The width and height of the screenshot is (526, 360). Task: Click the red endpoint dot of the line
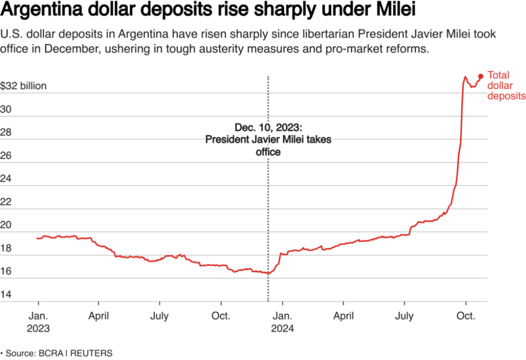(x=480, y=76)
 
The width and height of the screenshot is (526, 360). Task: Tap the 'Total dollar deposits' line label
(x=506, y=86)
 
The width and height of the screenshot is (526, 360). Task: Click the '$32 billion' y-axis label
(x=23, y=86)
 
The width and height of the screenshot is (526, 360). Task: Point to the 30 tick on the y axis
(x=6, y=109)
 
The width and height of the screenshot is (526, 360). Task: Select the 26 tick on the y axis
(x=6, y=156)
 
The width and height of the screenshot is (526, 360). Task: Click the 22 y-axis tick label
(x=6, y=202)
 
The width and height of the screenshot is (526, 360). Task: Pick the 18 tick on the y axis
(x=6, y=248)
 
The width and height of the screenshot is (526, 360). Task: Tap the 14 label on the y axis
(x=6, y=294)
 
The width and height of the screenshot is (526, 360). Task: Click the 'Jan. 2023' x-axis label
(x=37, y=322)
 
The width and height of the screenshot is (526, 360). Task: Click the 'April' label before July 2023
(x=98, y=316)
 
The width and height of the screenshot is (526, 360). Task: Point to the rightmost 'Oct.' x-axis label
(x=466, y=316)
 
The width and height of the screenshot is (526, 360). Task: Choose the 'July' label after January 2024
(x=404, y=316)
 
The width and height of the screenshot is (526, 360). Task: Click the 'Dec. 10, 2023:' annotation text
(x=268, y=128)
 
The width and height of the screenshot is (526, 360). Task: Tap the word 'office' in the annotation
(x=268, y=152)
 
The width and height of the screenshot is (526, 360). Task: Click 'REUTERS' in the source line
(x=93, y=353)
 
